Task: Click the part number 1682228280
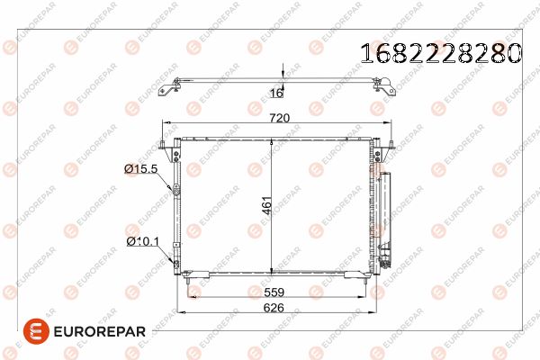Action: click(441, 53)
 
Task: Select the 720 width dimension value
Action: click(279, 118)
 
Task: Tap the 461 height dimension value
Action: click(267, 205)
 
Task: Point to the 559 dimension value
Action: click(274, 292)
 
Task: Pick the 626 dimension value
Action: click(274, 308)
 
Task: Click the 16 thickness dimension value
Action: click(276, 93)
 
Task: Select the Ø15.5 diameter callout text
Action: click(141, 169)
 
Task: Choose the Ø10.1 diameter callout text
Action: click(143, 241)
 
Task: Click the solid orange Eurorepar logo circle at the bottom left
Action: click(36, 331)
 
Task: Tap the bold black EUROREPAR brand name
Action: click(100, 332)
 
